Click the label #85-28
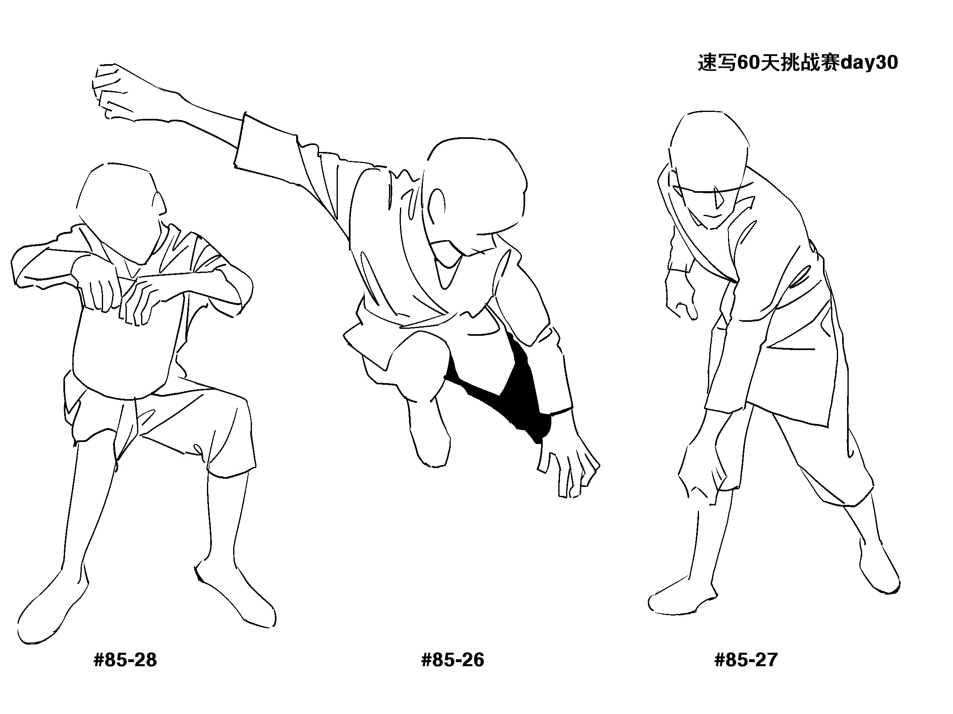(125, 660)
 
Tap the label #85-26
(452, 660)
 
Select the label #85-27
(746, 660)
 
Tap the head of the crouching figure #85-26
(476, 194)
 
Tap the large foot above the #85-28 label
(52, 607)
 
